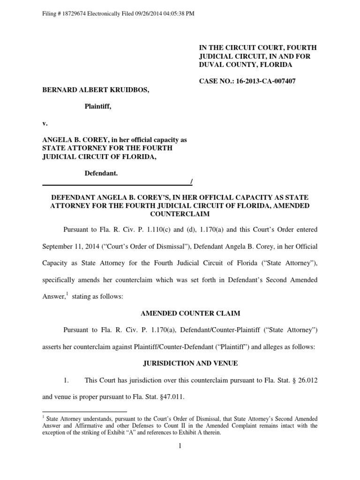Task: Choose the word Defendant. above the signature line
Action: click(x=101, y=173)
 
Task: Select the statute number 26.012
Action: click(x=307, y=380)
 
